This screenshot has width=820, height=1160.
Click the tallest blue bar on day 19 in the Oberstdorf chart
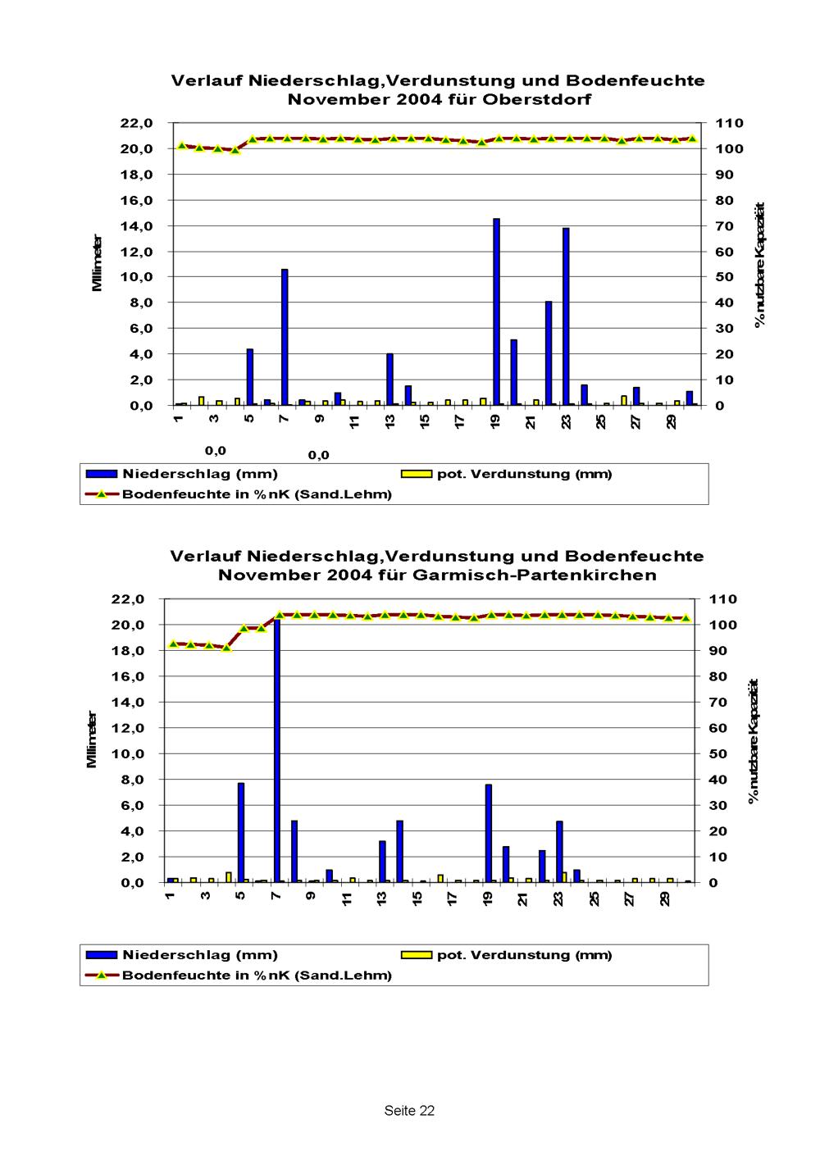[496, 312]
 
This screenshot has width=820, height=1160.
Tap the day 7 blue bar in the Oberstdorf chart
[285, 337]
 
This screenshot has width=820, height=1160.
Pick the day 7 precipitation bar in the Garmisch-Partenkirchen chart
[277, 750]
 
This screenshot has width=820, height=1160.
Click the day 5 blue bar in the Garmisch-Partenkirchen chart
[241, 832]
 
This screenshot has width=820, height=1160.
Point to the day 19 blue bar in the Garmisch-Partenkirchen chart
[489, 833]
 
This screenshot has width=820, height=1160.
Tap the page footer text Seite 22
[409, 1111]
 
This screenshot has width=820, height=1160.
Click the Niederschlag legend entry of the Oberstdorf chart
[200, 474]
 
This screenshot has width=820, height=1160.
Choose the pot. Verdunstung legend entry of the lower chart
[524, 954]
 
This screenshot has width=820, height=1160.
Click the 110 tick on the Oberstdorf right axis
[729, 123]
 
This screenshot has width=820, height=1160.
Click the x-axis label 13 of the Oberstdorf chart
[391, 421]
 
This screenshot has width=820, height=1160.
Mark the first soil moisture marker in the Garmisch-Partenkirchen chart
[173, 644]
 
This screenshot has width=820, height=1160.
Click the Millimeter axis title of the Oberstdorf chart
[98, 263]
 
